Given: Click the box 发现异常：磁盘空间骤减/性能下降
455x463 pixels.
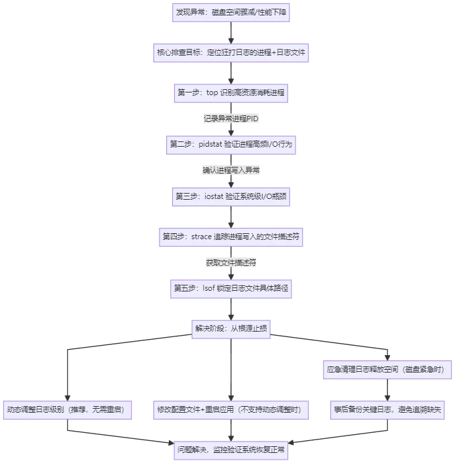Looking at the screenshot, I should tap(231, 13).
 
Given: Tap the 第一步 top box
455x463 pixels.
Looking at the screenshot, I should tap(231, 92).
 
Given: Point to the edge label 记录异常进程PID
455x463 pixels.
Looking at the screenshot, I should tap(231, 119).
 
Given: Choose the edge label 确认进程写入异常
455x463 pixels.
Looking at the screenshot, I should tap(231, 170).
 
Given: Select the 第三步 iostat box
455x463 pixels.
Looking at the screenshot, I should tap(231, 196).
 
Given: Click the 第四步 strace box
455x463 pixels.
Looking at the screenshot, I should tap(231, 237).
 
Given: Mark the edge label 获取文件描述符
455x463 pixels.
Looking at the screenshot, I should tap(231, 263).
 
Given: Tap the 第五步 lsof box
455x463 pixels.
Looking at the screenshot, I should tap(231, 288).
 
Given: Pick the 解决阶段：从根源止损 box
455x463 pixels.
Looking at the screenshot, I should tap(231, 328).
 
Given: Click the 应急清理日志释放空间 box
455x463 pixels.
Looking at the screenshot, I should tap(389, 369).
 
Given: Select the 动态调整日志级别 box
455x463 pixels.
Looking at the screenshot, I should tap(69, 409).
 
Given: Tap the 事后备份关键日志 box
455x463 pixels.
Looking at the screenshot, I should tap(389, 409).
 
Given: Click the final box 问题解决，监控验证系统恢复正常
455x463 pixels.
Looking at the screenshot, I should tap(231, 449).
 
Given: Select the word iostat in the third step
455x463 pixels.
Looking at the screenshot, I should tap(209, 196).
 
